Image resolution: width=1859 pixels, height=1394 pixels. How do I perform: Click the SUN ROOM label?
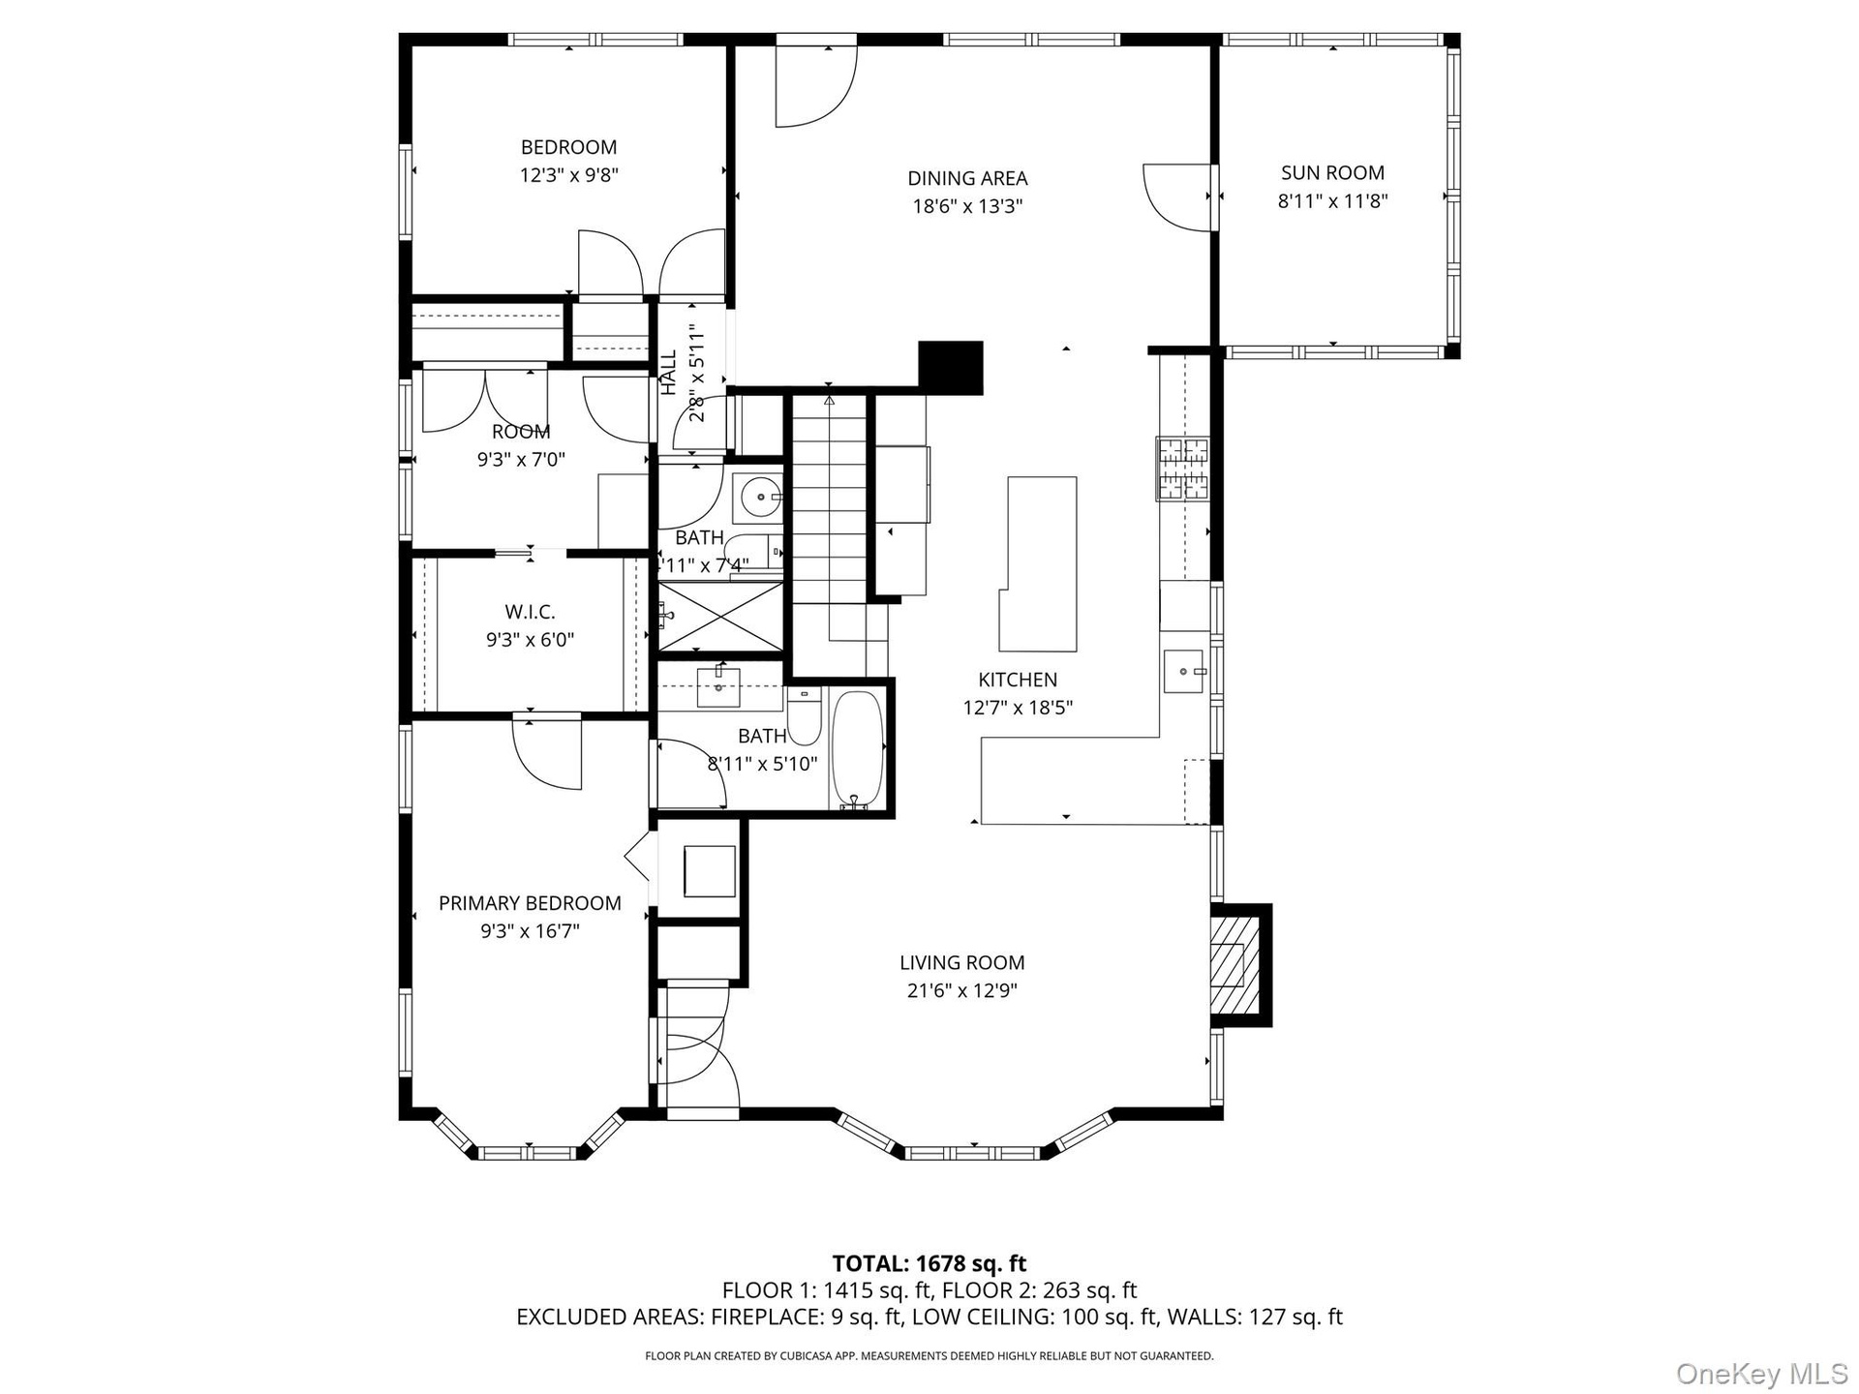pos(1332,173)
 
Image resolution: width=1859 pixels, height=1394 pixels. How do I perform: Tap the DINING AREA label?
pos(967,178)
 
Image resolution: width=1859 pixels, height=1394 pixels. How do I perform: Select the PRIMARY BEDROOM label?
pos(530,903)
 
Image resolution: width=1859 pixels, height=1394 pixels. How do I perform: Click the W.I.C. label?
pos(530,612)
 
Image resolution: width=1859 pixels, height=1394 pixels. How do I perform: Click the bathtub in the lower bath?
pos(857,748)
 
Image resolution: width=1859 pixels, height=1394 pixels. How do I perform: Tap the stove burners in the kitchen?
pos(1182,469)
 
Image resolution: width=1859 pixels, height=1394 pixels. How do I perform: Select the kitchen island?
pos(1039,563)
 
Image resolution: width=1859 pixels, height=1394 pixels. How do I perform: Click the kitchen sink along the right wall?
pos(1185,671)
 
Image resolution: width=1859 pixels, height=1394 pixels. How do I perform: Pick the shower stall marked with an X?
pos(721,616)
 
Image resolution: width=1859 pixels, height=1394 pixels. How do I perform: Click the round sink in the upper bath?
pos(762,499)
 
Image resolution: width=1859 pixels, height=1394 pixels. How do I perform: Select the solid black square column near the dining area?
pos(950,368)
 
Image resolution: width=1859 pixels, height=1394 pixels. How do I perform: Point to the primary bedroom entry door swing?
pos(547,754)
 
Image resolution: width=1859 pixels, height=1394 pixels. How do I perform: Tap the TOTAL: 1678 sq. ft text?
pos(929,1263)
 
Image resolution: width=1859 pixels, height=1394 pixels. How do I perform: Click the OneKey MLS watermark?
pos(1761,1373)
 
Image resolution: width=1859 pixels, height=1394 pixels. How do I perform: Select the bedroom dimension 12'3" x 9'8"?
pos(569,175)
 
